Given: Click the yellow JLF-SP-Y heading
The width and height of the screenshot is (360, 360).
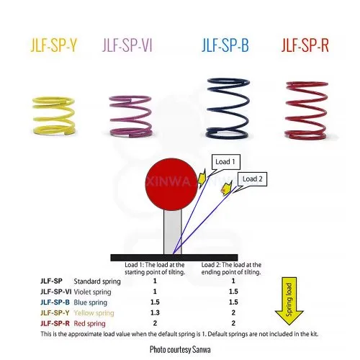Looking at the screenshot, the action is pos(54,45).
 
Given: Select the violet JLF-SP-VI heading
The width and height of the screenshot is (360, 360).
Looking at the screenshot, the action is pos(127,45).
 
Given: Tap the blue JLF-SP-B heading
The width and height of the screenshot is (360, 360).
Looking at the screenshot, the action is pos(225,45).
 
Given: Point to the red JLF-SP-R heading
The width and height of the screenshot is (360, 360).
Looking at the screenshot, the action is pos(305,45).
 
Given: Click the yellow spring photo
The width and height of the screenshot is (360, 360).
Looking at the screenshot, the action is pos(53,116).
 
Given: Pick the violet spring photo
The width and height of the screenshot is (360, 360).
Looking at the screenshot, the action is pos(131,116).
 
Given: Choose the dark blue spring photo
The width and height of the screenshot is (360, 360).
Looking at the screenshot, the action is pos(228,109).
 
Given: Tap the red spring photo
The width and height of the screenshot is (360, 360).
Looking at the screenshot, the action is pos(306,110).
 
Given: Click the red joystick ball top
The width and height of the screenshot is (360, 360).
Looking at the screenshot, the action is pos(171,184).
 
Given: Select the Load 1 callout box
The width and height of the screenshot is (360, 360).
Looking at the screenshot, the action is pos(226,162).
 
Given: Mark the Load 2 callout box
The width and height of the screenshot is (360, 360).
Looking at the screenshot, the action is pos(252,179).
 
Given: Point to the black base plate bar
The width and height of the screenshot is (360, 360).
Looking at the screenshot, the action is pos(174,258).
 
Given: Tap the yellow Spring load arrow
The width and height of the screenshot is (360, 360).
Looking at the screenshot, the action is pos(289,301).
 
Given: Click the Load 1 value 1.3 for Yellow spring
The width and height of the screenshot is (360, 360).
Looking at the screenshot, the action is pos(155,312).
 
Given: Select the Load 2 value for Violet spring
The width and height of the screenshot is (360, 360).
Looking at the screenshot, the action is pos(233,292).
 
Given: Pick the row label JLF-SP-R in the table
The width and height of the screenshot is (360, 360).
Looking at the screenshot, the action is pos(55,323).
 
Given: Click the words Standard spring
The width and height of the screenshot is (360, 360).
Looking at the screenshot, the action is pos(97,282).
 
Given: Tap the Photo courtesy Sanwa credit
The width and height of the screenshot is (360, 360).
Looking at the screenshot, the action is pos(180,349).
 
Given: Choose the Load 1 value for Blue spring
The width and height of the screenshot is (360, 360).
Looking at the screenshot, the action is pos(155,302).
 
